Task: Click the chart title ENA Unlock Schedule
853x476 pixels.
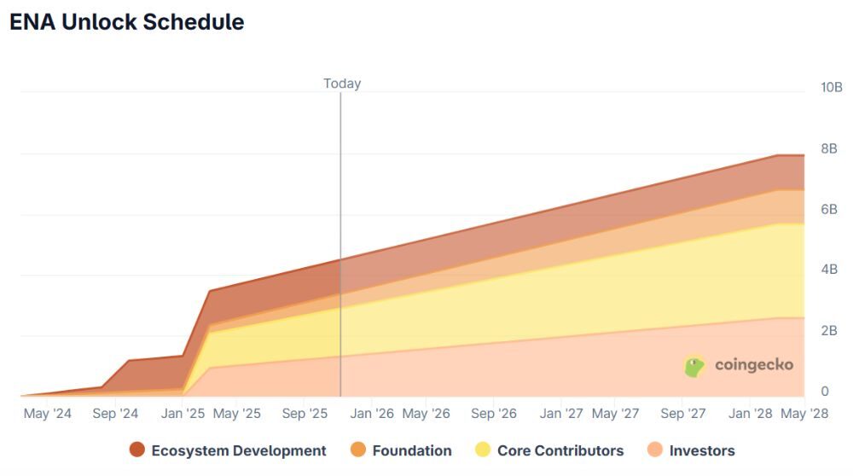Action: point(126,23)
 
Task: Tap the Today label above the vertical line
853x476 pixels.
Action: point(342,84)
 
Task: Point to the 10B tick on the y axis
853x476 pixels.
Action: point(831,88)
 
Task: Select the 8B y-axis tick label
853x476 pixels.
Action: point(829,148)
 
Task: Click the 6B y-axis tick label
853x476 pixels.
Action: point(829,209)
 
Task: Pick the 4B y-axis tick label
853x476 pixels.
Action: point(829,270)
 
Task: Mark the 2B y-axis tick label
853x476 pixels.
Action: point(829,331)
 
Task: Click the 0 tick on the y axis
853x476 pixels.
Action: point(824,392)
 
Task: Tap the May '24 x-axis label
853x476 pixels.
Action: point(48,414)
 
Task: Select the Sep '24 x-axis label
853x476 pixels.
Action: point(115,414)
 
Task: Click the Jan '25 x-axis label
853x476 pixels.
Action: point(183,414)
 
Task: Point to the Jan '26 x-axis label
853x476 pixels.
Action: point(373,414)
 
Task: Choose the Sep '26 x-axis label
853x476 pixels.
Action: point(494,414)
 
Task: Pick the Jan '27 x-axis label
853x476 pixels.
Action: point(562,414)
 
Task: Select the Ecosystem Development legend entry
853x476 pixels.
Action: point(228,450)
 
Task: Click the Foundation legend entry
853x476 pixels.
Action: point(401,450)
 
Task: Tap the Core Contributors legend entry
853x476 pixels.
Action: point(549,450)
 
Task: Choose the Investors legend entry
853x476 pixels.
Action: point(690,450)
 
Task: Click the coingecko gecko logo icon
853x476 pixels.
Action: point(695,366)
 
